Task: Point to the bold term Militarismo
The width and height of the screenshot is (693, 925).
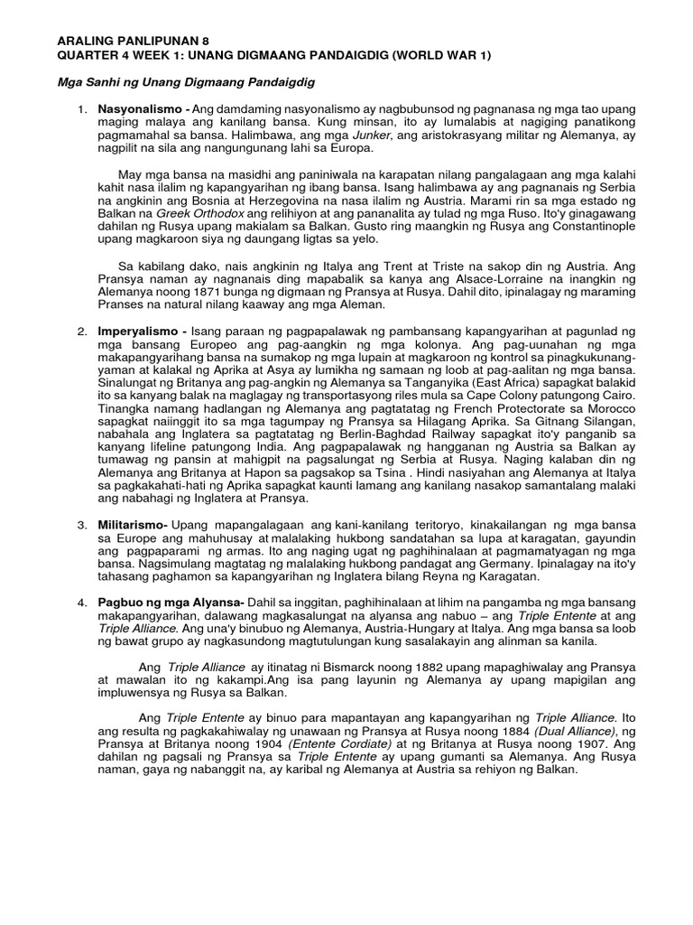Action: [134, 525]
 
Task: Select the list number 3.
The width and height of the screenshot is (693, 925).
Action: [81, 525]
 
